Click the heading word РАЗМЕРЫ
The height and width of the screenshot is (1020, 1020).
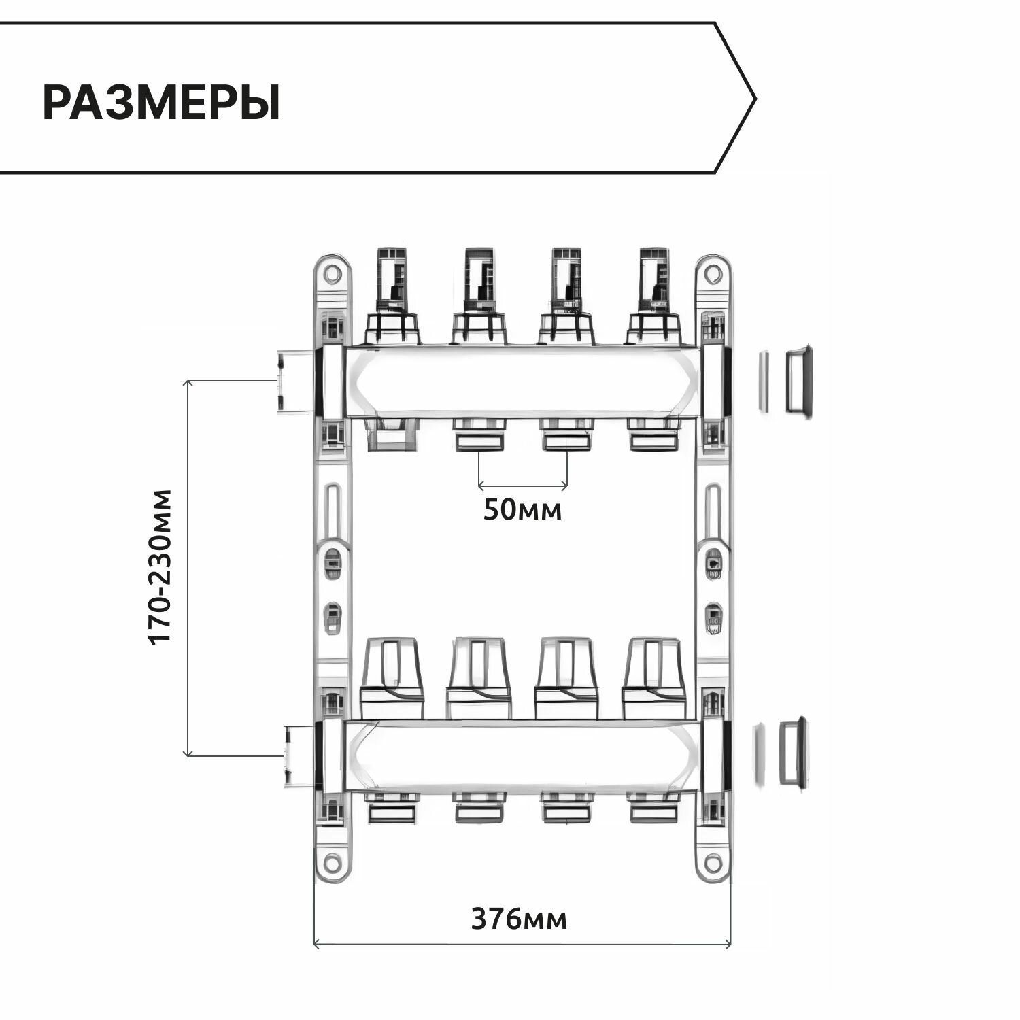[161, 103]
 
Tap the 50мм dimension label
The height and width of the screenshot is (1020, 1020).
[522, 509]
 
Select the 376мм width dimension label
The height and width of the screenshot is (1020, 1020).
[519, 919]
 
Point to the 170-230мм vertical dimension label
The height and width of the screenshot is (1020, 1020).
[161, 566]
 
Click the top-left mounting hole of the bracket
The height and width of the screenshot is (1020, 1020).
[332, 274]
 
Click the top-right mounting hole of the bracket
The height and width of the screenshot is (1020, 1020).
[712, 274]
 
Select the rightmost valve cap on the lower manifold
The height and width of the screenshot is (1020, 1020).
[653, 670]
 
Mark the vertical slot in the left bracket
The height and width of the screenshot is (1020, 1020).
[332, 511]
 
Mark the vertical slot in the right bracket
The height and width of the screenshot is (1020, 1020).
[712, 511]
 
